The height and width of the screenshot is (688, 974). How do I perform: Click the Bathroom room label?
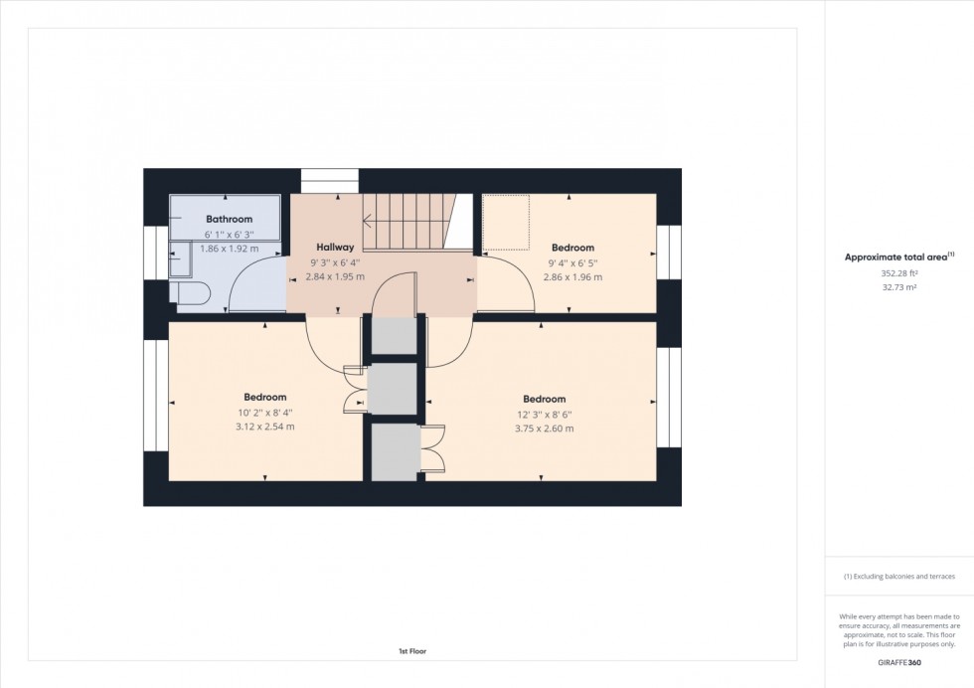click(x=229, y=219)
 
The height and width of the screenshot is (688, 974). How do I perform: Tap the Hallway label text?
click(x=335, y=247)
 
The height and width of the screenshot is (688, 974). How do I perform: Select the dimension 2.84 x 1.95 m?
click(x=335, y=276)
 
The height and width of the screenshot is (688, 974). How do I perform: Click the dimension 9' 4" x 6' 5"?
click(x=572, y=262)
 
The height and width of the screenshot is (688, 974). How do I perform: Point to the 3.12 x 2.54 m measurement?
click(x=264, y=427)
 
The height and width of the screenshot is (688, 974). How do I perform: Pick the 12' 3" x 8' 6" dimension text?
click(x=544, y=414)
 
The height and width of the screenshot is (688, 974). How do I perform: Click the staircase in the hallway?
click(x=406, y=221)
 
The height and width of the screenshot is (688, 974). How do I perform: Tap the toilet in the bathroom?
click(x=190, y=293)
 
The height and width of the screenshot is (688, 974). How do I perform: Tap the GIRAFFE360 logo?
click(x=898, y=662)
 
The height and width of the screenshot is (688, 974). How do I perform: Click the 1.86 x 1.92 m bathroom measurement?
click(x=229, y=248)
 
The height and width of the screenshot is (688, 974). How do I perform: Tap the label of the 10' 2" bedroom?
click(x=264, y=398)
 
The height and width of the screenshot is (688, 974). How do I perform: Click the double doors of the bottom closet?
click(x=432, y=451)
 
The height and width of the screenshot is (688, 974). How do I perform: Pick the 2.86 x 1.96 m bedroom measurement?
click(x=572, y=277)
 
